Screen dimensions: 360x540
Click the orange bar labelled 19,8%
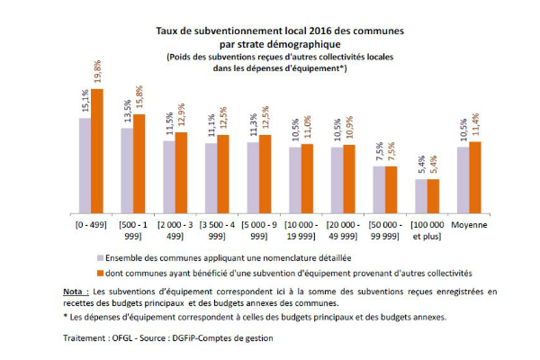[97, 148]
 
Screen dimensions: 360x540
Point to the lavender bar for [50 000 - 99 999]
[379, 187]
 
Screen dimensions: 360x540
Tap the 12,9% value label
[182, 118]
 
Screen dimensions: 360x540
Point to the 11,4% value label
[476, 127]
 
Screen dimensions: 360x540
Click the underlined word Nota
[76, 292]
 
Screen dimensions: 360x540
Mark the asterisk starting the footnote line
[66, 318]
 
